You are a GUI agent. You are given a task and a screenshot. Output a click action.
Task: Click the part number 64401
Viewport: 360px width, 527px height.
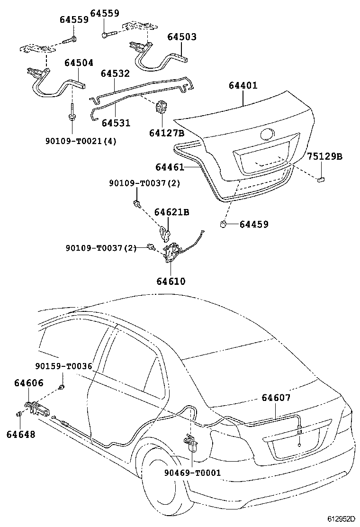[x=243, y=85]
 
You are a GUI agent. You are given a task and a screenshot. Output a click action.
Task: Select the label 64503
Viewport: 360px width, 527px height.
[x=182, y=36]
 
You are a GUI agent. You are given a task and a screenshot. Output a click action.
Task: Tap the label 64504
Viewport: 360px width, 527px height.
[x=79, y=63]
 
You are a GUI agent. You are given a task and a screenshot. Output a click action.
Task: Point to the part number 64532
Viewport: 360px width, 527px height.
[x=115, y=73]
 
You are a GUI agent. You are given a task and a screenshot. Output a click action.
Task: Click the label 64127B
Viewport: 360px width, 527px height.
[x=167, y=133]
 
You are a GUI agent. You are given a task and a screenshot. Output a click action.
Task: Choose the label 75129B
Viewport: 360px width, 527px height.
[x=324, y=156]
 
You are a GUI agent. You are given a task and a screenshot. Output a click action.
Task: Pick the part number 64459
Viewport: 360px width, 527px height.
[x=254, y=224]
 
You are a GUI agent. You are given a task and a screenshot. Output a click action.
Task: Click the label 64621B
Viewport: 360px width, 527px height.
[x=171, y=212]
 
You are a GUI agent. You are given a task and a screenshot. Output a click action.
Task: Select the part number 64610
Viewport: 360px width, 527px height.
[x=171, y=281]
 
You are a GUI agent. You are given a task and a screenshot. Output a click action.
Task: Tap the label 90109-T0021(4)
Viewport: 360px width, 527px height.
[x=81, y=141]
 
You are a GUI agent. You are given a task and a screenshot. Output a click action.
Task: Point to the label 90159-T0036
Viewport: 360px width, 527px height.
[x=64, y=366]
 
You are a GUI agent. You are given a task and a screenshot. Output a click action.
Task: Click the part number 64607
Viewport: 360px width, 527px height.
[x=276, y=398]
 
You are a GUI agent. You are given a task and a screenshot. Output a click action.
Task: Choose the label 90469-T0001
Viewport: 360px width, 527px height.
[x=193, y=473]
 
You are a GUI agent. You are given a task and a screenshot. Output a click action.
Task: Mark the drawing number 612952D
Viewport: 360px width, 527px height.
[x=341, y=519]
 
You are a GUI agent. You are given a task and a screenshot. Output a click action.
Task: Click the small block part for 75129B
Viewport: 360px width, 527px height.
[x=320, y=179]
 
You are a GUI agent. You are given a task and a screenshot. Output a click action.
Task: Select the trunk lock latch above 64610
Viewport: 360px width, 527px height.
[x=171, y=253]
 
